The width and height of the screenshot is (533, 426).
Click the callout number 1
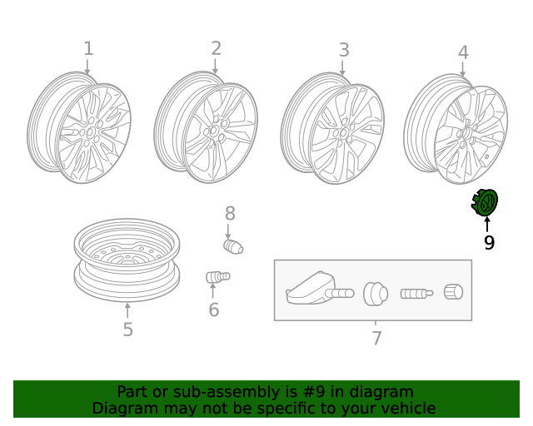coord(88,49)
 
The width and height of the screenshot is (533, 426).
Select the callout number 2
coord(216,48)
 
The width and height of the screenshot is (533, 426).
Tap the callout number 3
coord(344,50)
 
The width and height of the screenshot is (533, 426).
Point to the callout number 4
coord(463,53)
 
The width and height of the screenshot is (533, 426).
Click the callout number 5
coord(127,329)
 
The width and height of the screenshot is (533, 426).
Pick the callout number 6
coord(214,310)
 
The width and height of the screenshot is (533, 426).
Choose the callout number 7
coord(376,338)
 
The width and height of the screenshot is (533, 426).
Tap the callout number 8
coord(230,214)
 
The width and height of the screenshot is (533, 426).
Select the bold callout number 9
coord(489,243)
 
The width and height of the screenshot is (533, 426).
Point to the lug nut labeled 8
coord(232,246)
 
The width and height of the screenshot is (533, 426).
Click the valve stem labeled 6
coord(217,276)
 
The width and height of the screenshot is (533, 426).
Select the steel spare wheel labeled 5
coord(127,260)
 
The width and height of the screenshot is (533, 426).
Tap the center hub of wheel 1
coord(90,131)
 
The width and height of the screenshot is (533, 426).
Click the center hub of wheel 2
coord(215,131)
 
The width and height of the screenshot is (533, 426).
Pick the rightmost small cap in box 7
coord(453,292)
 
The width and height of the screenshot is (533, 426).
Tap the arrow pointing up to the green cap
coord(487,223)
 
